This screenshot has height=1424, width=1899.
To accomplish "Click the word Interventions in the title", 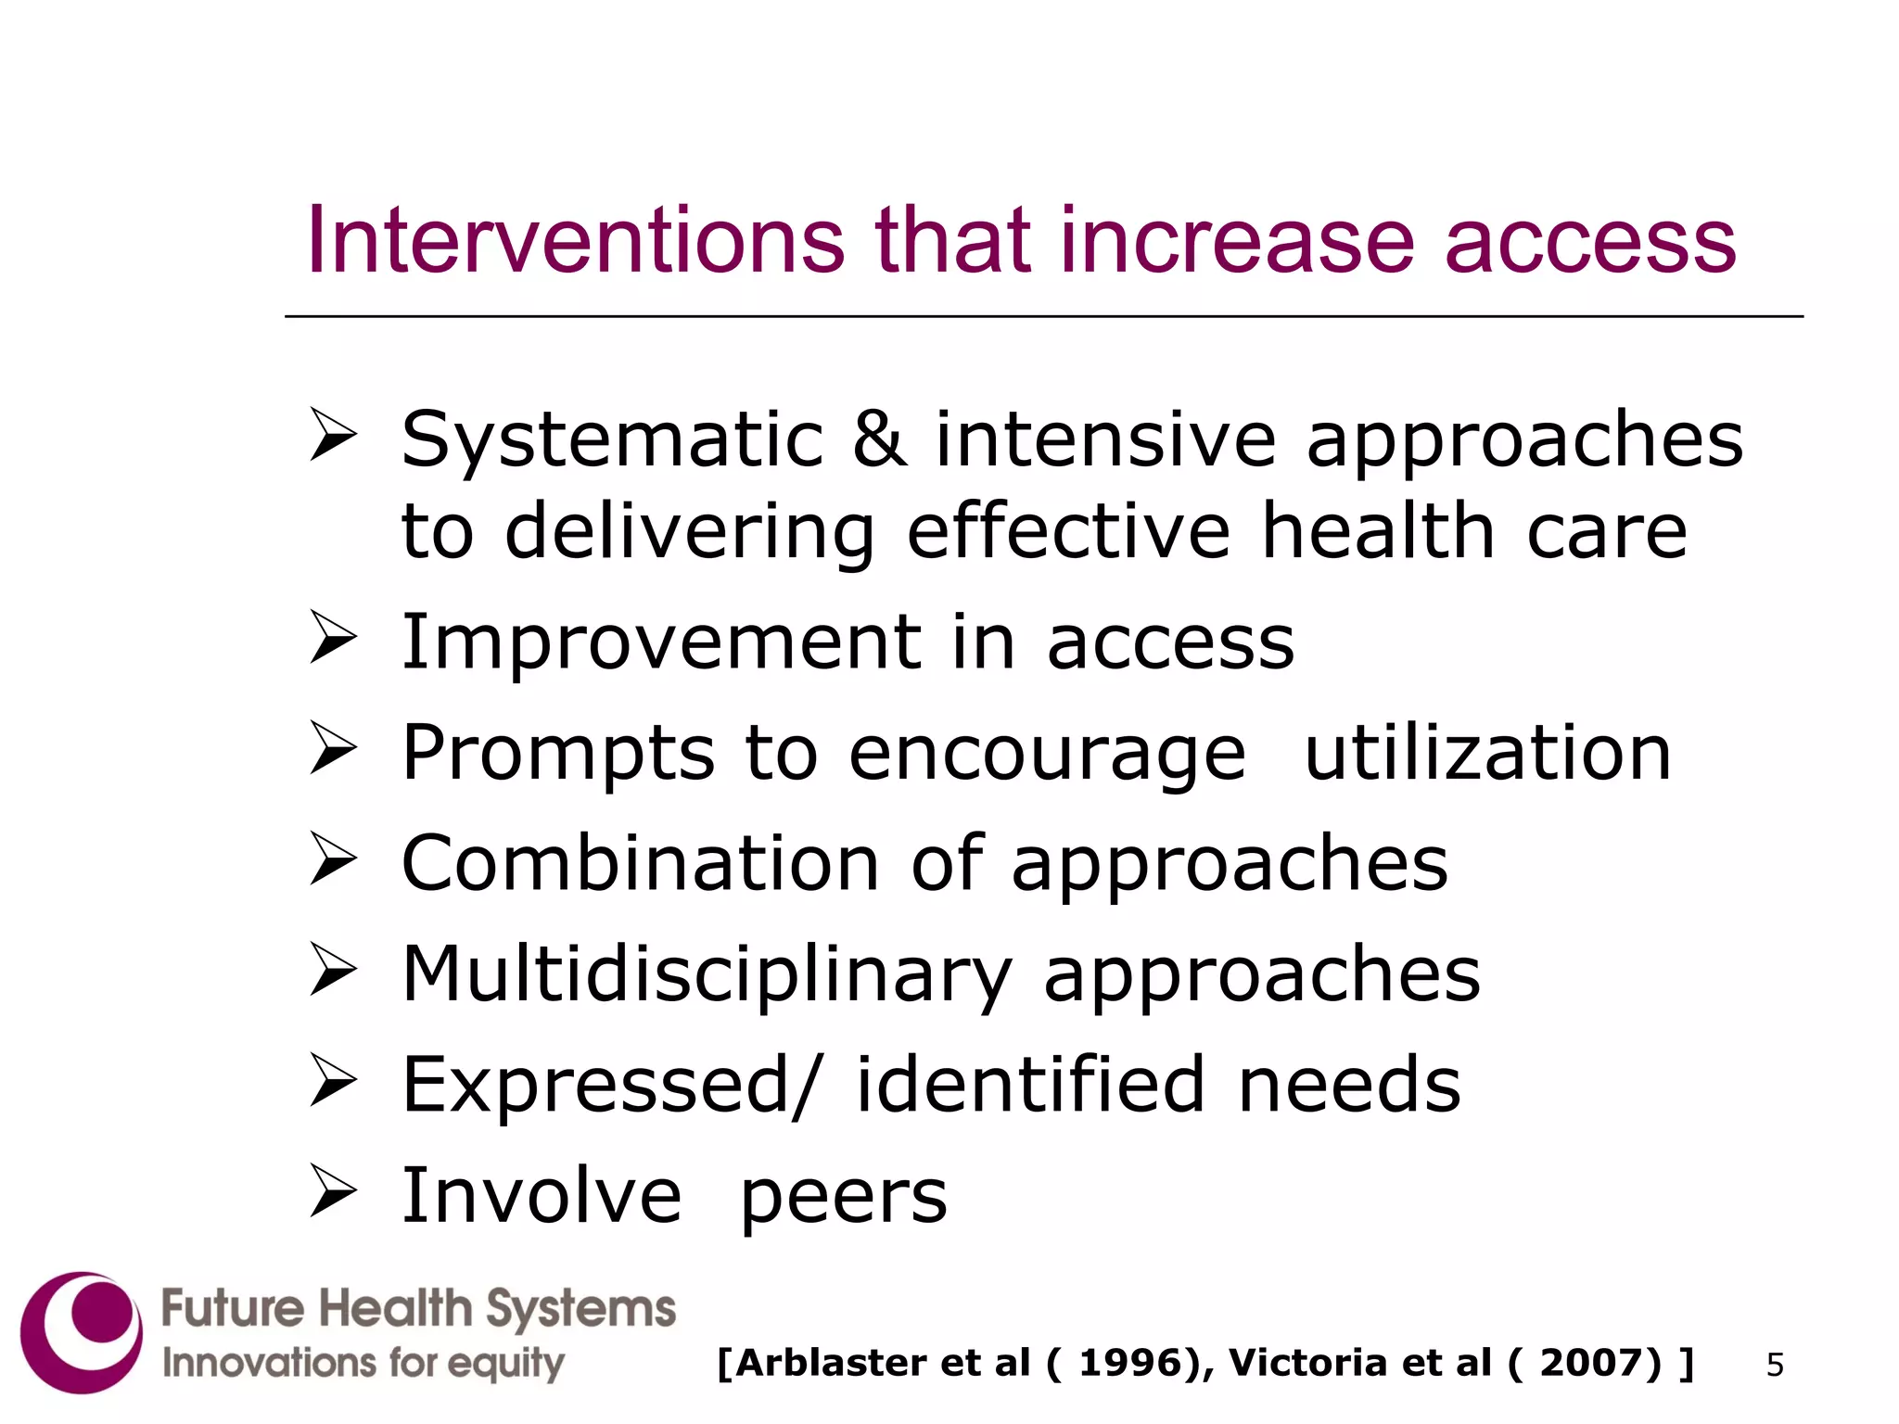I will (x=575, y=241).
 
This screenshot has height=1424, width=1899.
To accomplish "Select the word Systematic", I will (x=612, y=440).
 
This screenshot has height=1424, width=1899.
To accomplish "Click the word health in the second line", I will (x=1378, y=530).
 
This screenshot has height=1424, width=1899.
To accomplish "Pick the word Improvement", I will (x=661, y=642).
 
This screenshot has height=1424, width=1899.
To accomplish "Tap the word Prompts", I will (x=557, y=754).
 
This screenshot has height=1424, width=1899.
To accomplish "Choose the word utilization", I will (x=1487, y=753).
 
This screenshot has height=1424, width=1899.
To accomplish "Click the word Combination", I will (x=640, y=864).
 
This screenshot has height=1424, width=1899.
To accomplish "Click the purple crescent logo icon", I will (x=82, y=1332).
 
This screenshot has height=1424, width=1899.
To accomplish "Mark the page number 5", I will (x=1775, y=1365).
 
